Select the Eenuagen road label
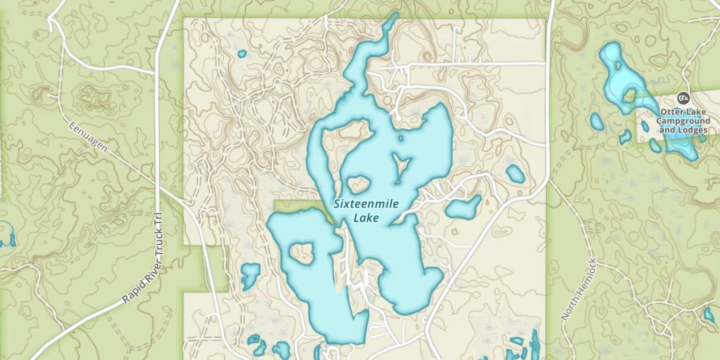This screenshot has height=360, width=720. pos(88,137)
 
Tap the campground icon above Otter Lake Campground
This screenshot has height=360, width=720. pos(682,98)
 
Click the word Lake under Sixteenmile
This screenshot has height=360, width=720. pos(366,218)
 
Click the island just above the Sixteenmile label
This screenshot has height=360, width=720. pos(358,184)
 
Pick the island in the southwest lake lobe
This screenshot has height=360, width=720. pos(301,251)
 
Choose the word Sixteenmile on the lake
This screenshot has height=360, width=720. pos(366,204)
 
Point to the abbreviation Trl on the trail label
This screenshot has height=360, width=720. pos(160,221)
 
